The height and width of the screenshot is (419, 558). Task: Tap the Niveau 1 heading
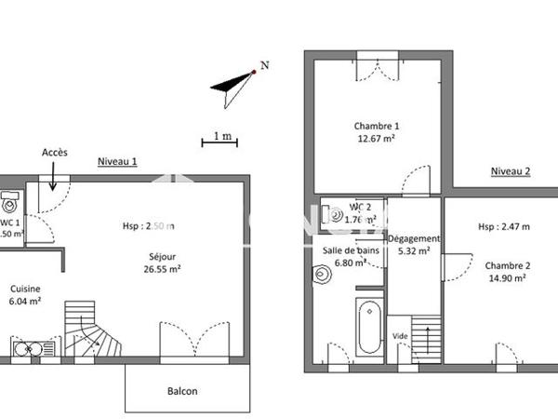[x=118, y=161]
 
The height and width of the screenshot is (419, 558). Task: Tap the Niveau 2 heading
[x=511, y=171]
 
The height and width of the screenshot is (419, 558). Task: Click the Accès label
[x=55, y=153]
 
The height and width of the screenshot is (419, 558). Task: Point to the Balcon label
[x=182, y=391]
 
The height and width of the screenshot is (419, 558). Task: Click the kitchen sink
[x=33, y=349]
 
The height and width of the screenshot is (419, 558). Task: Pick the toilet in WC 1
[x=9, y=202]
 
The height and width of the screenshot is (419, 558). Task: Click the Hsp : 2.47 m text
[x=504, y=226]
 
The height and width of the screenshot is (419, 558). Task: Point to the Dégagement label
[x=414, y=238]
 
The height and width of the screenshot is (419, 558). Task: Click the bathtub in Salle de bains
[x=369, y=326]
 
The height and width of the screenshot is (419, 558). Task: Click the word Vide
[x=400, y=335]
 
